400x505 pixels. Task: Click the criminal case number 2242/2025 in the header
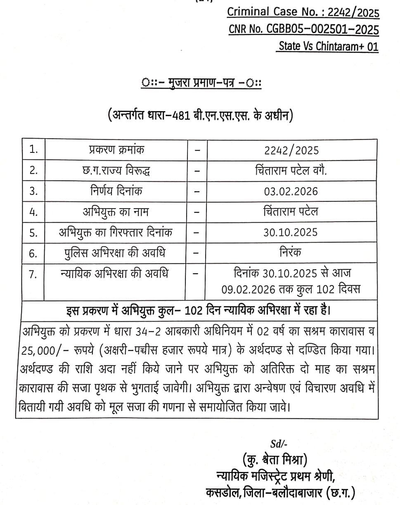353,13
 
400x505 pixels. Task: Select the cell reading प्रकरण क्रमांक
117,149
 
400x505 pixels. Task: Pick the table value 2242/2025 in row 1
291,150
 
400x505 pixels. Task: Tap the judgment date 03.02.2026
291,191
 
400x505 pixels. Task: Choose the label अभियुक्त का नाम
116,212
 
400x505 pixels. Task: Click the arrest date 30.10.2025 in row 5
291,232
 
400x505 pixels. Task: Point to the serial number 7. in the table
34,274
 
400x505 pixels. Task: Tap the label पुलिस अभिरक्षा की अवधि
116,253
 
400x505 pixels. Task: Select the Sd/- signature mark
279,444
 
